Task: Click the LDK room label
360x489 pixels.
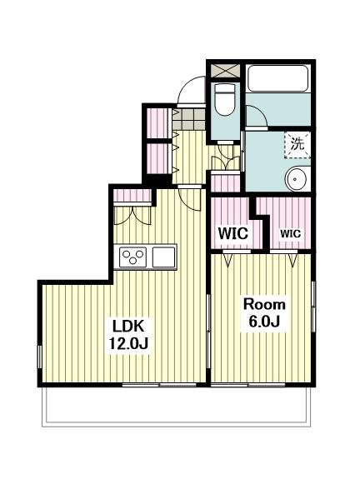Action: click(x=128, y=327)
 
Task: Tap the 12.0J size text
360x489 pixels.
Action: click(x=128, y=343)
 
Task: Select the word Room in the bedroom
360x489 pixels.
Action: click(x=264, y=304)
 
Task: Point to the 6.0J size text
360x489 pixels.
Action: click(x=264, y=322)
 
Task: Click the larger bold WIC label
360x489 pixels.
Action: click(x=233, y=233)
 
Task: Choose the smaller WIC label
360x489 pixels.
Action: click(x=290, y=233)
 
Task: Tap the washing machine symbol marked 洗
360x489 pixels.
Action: click(x=297, y=144)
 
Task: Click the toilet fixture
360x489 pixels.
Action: click(x=225, y=99)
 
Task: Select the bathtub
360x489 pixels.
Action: click(x=277, y=78)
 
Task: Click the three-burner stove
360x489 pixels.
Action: click(x=133, y=257)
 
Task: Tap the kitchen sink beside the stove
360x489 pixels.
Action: click(x=163, y=257)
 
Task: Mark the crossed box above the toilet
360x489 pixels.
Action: click(x=225, y=71)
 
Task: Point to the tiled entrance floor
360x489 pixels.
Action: click(x=189, y=119)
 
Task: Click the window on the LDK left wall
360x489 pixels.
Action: click(x=40, y=357)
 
